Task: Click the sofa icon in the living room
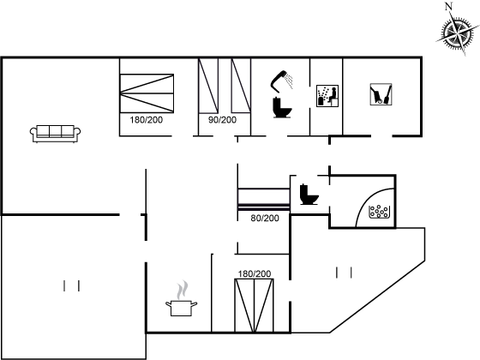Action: [x=56, y=134]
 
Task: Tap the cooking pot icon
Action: [x=181, y=308]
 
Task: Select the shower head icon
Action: [x=282, y=81]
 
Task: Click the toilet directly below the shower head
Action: [x=282, y=107]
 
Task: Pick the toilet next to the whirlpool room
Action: [x=309, y=195]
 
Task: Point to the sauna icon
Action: [x=327, y=96]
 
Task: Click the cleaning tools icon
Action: [x=381, y=94]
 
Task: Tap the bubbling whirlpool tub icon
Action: [x=380, y=212]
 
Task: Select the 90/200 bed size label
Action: [x=223, y=120]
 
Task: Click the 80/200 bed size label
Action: [x=265, y=218]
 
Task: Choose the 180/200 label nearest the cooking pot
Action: [x=255, y=273]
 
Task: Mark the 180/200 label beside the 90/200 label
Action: [x=146, y=120]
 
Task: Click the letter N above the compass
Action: [x=449, y=7]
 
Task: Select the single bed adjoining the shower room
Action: [x=241, y=86]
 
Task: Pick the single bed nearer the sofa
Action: [x=208, y=86]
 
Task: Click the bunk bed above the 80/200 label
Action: [x=264, y=200]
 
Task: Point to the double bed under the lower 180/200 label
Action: [x=254, y=305]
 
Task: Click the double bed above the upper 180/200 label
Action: [x=147, y=93]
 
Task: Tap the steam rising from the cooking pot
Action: [x=182, y=290]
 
